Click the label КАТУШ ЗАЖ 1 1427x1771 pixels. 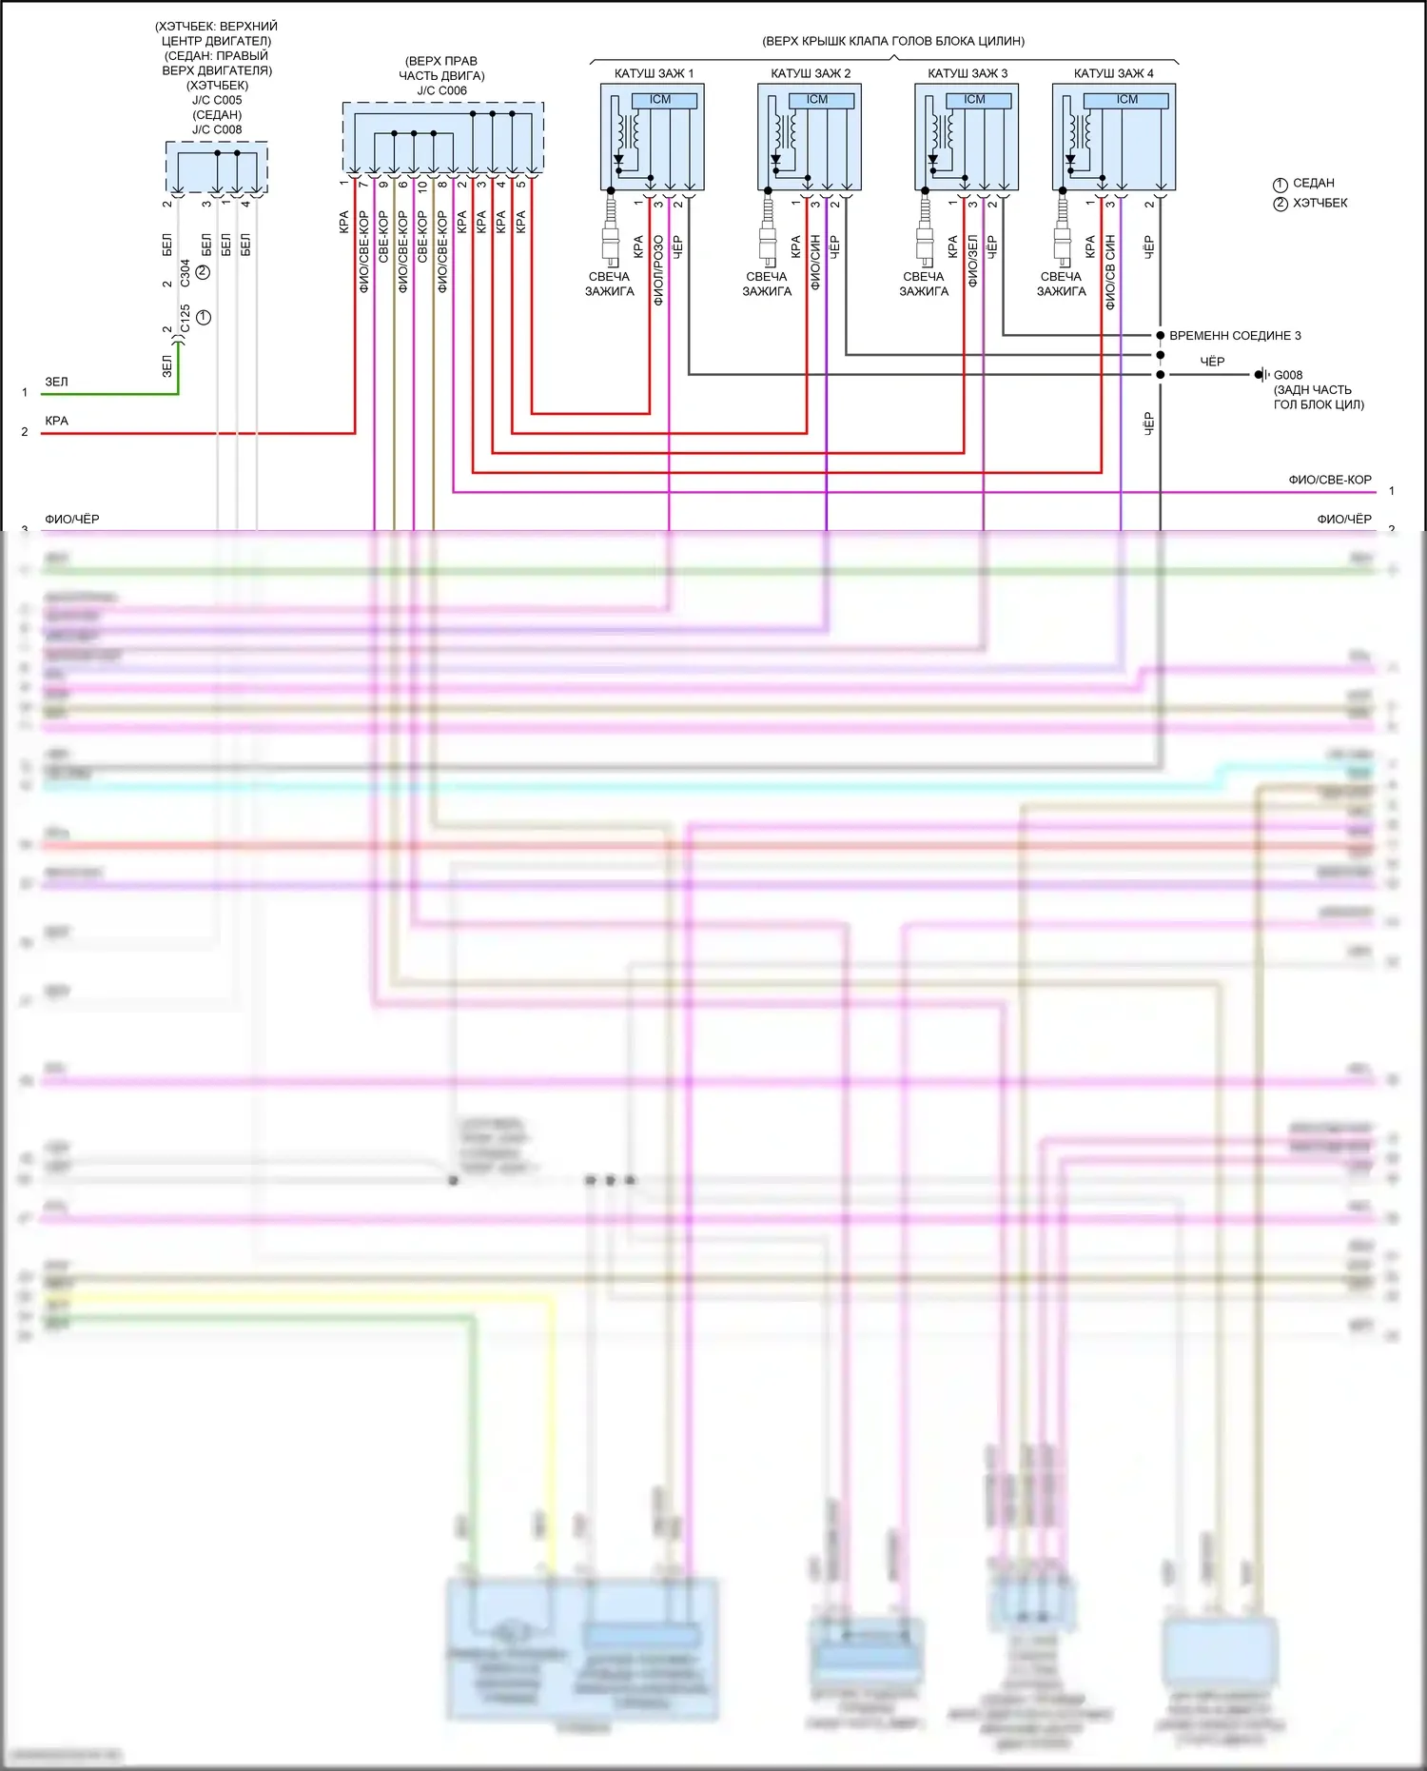point(654,73)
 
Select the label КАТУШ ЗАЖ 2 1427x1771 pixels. point(811,73)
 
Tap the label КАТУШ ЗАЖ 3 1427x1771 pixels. point(968,73)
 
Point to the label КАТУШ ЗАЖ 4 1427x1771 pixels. point(1113,73)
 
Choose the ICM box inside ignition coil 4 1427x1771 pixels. point(1127,100)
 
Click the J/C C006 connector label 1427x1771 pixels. point(442,91)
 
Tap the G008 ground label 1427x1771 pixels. point(1288,375)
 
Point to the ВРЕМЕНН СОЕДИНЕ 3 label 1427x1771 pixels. point(1235,336)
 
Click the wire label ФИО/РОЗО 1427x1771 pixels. point(658,271)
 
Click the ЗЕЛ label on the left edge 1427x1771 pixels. point(56,382)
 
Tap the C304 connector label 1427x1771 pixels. point(185,272)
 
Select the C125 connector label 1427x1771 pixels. point(185,318)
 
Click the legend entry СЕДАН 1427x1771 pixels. point(1313,183)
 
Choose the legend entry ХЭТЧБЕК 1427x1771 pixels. point(1319,203)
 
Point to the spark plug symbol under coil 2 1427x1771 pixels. point(768,228)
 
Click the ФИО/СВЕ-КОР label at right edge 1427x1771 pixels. point(1329,480)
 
